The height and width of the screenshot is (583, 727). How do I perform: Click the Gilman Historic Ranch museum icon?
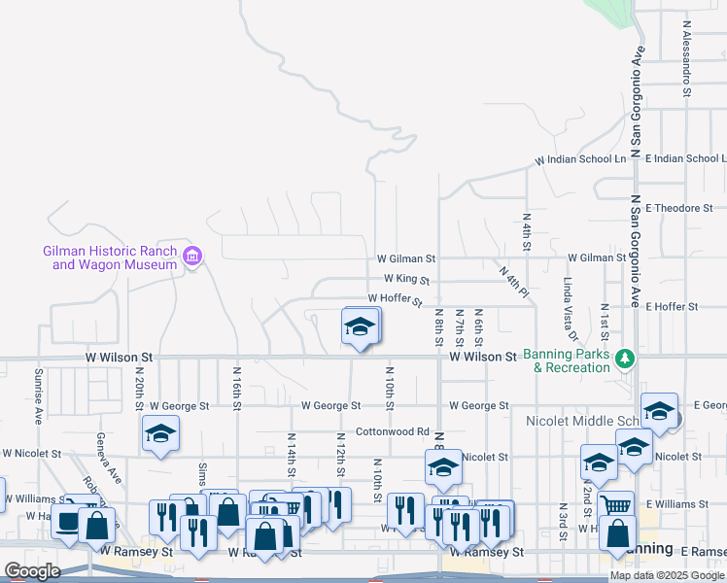[191, 257]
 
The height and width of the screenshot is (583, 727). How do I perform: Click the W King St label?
[406, 279]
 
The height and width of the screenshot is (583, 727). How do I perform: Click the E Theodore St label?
[678, 208]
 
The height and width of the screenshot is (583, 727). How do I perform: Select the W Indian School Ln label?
[580, 159]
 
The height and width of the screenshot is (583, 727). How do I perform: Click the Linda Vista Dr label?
[570, 309]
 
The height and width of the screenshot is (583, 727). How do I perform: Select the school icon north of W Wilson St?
[361, 327]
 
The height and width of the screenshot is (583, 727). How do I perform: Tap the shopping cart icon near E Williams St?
[614, 504]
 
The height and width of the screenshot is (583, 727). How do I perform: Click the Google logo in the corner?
[32, 571]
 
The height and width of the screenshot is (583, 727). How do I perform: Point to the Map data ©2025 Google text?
[667, 575]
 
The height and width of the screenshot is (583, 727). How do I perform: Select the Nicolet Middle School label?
[583, 421]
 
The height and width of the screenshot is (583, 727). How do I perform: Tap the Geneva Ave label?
[109, 460]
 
